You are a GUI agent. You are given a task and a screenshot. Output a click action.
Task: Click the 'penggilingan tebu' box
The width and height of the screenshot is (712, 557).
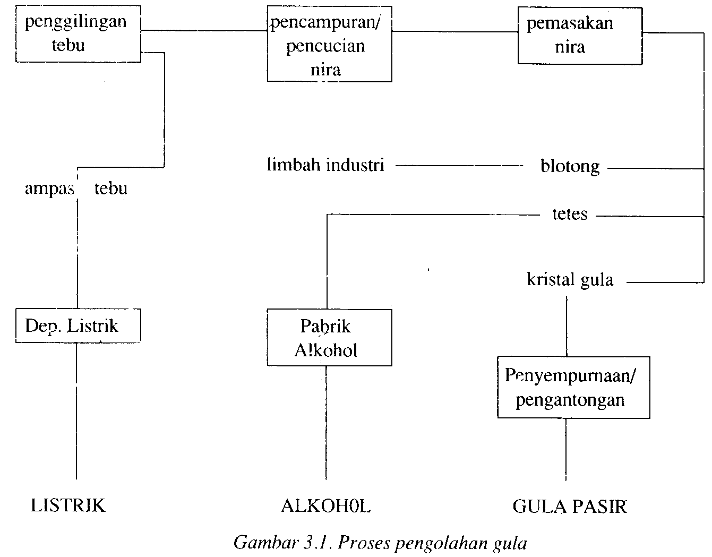(78, 33)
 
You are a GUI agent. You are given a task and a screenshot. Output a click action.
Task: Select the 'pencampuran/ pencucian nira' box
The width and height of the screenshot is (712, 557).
(329, 44)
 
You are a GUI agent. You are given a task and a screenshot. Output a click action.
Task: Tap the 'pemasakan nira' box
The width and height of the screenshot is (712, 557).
(579, 36)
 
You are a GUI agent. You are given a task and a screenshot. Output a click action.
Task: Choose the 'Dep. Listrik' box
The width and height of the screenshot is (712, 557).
(78, 325)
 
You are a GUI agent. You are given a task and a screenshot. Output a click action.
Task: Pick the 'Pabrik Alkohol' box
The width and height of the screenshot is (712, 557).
(329, 338)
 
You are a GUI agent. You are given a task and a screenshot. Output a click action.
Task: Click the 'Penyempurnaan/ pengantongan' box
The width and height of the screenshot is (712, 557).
(573, 387)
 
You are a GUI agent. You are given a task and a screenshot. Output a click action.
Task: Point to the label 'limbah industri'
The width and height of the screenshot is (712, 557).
(325, 165)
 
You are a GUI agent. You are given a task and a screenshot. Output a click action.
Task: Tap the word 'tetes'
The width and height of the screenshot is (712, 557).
(570, 214)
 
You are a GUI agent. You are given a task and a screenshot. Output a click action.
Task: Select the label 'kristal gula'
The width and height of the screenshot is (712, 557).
(570, 280)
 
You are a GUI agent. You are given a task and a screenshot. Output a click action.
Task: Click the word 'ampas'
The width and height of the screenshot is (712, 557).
(49, 189)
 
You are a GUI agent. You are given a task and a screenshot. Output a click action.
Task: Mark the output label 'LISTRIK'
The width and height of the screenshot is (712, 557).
(68, 505)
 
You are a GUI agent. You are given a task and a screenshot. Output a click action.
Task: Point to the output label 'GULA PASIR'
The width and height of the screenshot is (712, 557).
(569, 507)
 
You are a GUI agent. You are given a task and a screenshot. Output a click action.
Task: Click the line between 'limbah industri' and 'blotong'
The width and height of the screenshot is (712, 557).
(459, 166)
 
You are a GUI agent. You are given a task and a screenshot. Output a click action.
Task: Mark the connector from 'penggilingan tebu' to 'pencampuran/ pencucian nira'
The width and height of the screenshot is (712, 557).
(204, 30)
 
